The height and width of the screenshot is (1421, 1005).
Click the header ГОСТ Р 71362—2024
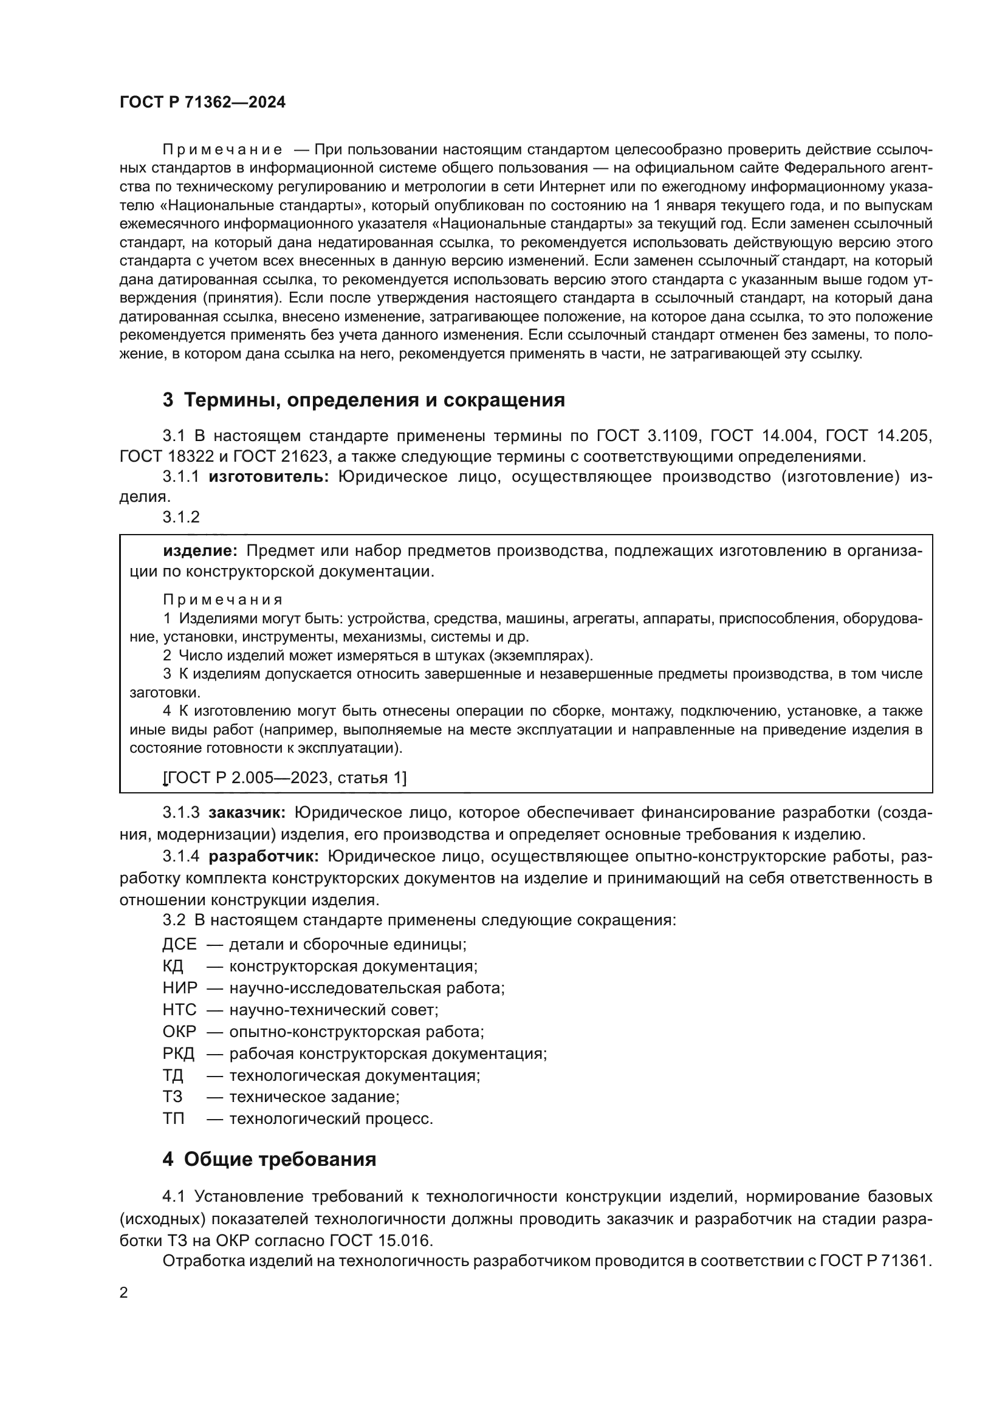[202, 103]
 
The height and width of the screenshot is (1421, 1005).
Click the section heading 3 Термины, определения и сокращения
[364, 400]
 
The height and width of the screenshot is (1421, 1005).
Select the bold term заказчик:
[247, 813]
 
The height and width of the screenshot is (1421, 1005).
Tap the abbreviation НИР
[180, 988]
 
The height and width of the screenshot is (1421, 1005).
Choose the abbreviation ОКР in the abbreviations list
[179, 1032]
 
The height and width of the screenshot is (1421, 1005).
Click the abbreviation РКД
[179, 1053]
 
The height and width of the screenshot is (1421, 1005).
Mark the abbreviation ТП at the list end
[174, 1119]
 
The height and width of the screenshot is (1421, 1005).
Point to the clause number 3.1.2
[181, 517]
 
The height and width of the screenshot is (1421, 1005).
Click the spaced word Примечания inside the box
[224, 600]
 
